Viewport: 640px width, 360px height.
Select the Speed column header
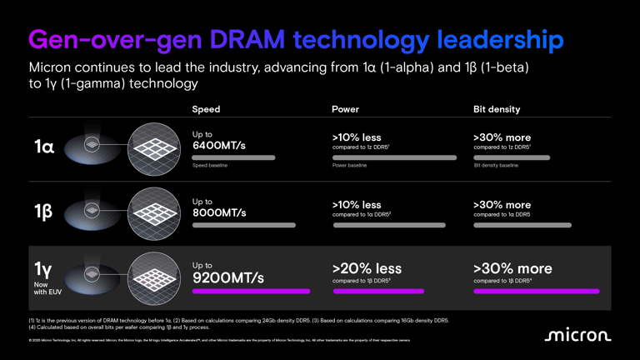point(206,109)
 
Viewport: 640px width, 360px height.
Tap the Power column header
point(345,109)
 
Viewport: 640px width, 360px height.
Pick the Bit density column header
point(496,109)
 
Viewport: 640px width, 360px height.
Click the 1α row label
point(44,147)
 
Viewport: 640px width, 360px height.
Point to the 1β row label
point(44,212)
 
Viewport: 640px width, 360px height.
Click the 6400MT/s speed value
point(219,146)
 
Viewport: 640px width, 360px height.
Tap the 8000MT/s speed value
point(219,212)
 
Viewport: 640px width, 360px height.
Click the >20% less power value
point(367,268)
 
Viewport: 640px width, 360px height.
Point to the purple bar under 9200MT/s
point(251,292)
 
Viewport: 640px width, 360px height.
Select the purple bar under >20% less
point(377,292)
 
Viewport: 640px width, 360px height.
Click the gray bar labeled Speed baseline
point(233,157)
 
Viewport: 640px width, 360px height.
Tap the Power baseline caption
point(349,166)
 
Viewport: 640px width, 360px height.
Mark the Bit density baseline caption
point(496,166)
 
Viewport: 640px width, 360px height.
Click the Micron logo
point(577,335)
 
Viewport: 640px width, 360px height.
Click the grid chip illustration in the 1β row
point(155,212)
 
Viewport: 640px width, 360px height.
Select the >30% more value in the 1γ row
point(512,268)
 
